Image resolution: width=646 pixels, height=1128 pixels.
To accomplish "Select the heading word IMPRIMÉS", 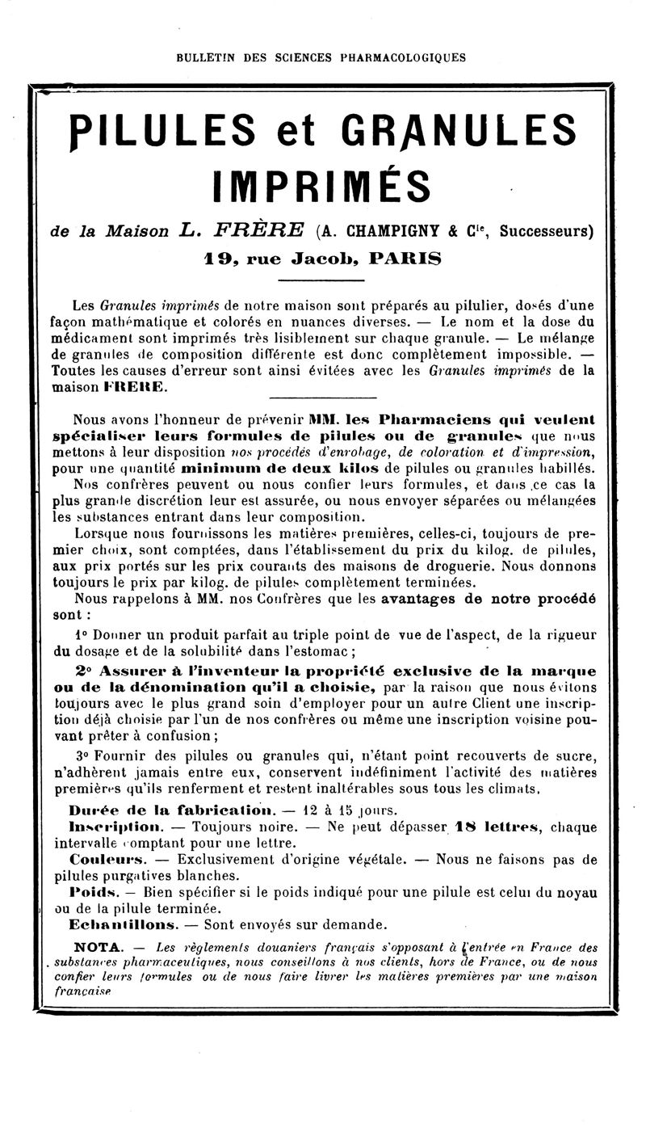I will (321, 185).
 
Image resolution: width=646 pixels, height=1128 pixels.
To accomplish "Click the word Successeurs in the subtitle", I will (547, 231).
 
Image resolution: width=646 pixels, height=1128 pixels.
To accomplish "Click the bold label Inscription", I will (117, 827).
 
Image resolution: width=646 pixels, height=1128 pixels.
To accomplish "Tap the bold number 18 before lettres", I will (466, 827).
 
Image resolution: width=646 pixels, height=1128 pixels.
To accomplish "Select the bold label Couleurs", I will (107, 859).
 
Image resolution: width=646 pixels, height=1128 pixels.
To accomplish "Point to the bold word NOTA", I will (98, 946).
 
